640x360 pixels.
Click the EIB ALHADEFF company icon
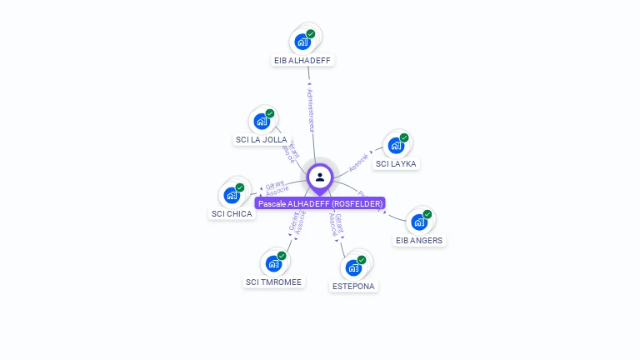coord(302,41)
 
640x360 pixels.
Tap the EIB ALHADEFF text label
coord(304,61)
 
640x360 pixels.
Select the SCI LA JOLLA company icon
coord(262,121)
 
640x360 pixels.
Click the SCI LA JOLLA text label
coord(262,140)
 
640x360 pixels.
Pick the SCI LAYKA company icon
coord(396,145)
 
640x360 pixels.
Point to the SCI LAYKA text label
coord(396,164)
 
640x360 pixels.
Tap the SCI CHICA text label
coord(232,214)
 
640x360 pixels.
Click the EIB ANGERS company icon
coord(419,222)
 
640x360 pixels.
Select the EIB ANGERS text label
coord(420,241)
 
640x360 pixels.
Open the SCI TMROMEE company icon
coord(273,263)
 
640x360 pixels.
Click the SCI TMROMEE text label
coord(273,282)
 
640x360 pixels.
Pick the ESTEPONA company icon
coord(353,267)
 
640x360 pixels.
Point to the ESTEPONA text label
coord(353,287)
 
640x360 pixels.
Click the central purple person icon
coord(320,177)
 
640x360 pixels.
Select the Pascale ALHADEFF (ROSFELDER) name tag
coord(320,203)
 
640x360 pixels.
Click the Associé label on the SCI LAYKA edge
coord(358,162)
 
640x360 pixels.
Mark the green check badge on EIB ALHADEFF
coord(311,33)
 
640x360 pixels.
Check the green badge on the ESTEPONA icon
coord(362,260)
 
